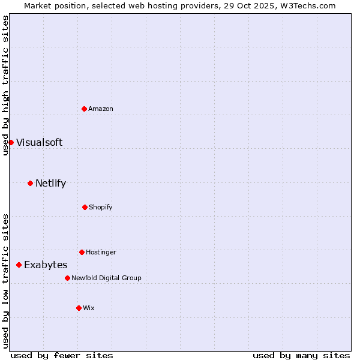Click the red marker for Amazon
[x=84, y=109]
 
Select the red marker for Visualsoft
[x=11, y=142]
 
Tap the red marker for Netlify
[x=30, y=183]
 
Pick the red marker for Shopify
[x=85, y=207]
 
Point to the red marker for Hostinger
[x=82, y=252]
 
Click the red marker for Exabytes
[x=19, y=265]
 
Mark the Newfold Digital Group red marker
[x=67, y=278]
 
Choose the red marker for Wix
[x=79, y=308]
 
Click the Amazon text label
[x=101, y=109]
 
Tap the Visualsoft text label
[x=39, y=142]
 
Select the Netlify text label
[x=50, y=183]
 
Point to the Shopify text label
[x=101, y=207]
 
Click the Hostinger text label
[x=101, y=252]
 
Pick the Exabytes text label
[x=46, y=265]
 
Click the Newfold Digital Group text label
[x=106, y=278]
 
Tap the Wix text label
[x=89, y=308]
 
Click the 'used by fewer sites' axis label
[x=62, y=355]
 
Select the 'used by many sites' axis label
[x=301, y=355]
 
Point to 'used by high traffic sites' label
[x=5, y=85]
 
